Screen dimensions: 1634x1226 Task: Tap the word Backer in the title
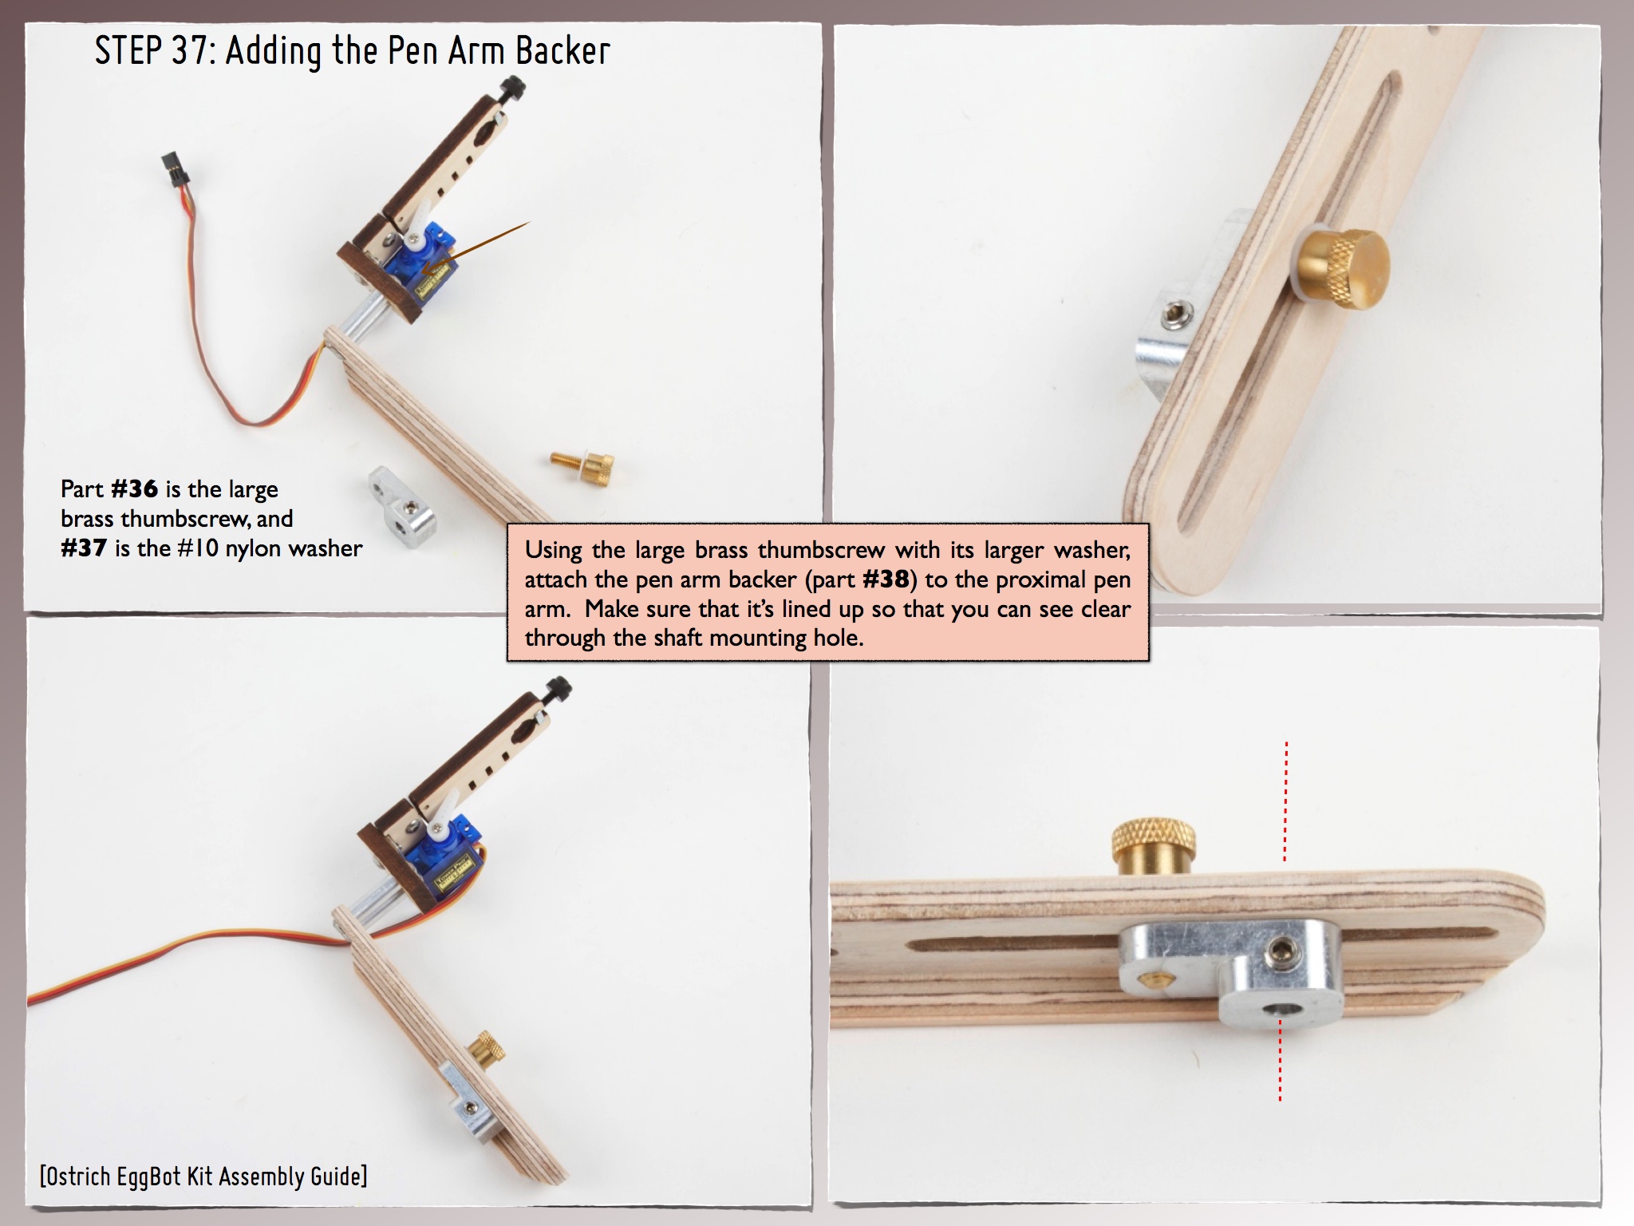(562, 51)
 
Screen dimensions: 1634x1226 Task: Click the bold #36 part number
(134, 488)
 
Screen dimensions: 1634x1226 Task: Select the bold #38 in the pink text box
(887, 579)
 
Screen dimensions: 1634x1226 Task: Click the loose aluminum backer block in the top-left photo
(402, 501)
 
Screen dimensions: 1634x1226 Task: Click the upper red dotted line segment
(1285, 801)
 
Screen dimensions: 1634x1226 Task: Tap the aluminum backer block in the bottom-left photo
(468, 1103)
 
